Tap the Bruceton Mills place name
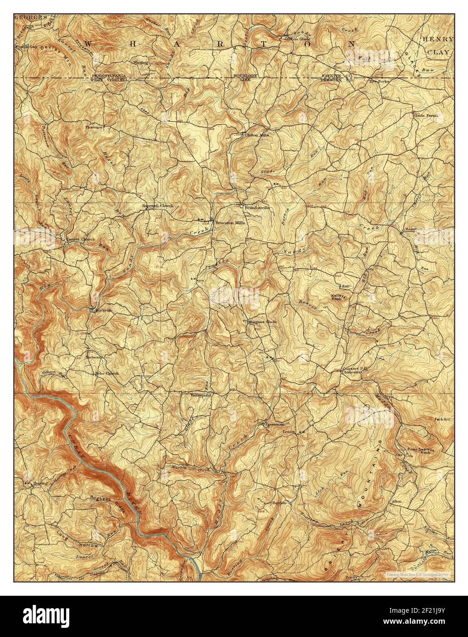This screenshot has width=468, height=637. (x=230, y=223)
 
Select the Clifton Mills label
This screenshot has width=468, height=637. (x=257, y=135)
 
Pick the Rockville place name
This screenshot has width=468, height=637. (x=103, y=310)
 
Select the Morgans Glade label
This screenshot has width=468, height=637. (x=262, y=322)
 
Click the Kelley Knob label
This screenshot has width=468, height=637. (x=340, y=297)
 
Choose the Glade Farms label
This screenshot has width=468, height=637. (x=426, y=115)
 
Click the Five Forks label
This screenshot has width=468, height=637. (x=379, y=82)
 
